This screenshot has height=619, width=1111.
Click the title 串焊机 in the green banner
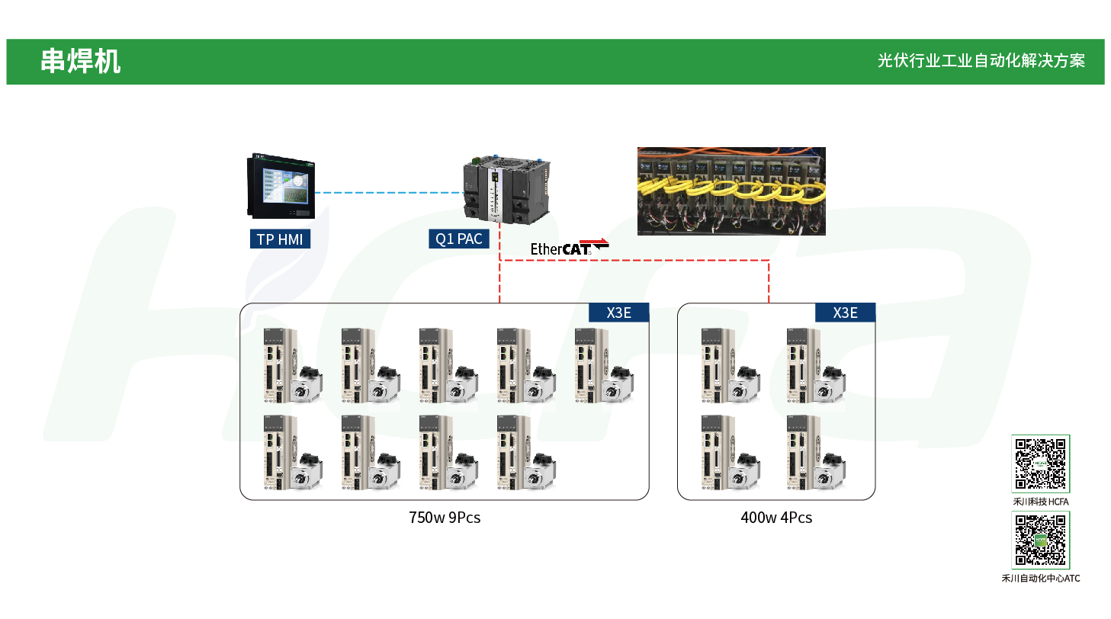80,62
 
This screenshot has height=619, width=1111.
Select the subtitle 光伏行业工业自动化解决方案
981,61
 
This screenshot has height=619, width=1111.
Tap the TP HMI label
280,239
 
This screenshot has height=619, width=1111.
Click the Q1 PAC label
458,239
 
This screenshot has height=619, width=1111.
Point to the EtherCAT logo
569,248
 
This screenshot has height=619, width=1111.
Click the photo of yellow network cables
731,191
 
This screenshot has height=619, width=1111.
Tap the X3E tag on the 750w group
618,313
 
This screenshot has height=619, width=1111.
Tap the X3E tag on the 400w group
845,313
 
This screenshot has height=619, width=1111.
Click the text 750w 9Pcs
445,518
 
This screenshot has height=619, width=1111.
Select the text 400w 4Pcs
776,518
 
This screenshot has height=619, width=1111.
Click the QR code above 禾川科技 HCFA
1040,463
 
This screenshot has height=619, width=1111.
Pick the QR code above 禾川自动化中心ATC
1040,540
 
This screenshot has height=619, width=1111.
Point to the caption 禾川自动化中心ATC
1040,579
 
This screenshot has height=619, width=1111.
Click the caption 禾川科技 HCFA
1040,502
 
